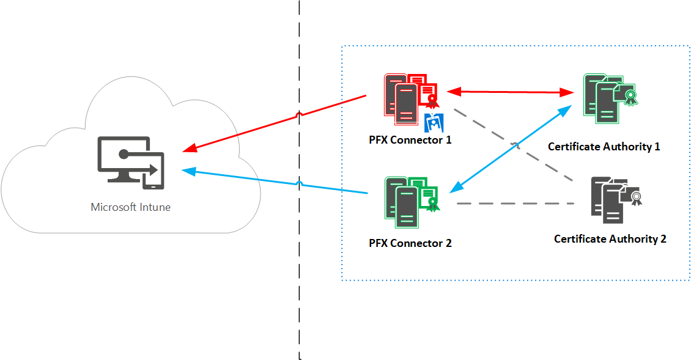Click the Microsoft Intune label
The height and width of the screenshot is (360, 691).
pyautogui.click(x=130, y=207)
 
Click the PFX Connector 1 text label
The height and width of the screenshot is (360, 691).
pyautogui.click(x=410, y=140)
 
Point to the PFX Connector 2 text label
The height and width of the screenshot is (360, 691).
pyautogui.click(x=410, y=243)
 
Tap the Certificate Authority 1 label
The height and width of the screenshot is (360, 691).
pyautogui.click(x=604, y=147)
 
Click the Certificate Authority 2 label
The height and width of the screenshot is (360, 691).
pyautogui.click(x=610, y=239)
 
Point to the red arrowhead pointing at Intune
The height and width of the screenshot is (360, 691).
pyautogui.click(x=190, y=149)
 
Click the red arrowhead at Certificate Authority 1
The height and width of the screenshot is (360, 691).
pyautogui.click(x=567, y=93)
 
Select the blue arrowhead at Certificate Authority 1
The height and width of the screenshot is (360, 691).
pyautogui.click(x=567, y=109)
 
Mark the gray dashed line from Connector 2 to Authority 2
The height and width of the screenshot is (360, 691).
pyautogui.click(x=517, y=203)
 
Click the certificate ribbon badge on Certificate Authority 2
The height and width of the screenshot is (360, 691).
pyautogui.click(x=637, y=197)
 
